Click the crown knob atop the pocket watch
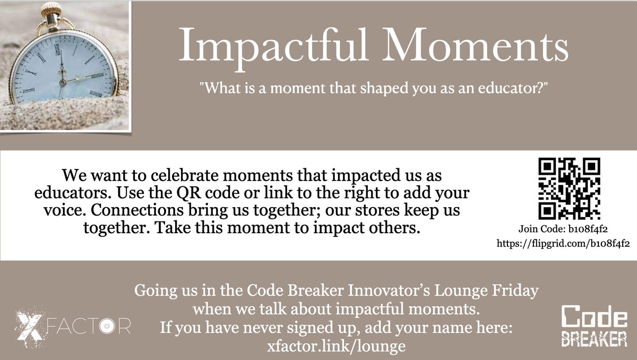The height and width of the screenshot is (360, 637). coord(51,9)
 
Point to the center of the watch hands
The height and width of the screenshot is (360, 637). coord(63,81)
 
